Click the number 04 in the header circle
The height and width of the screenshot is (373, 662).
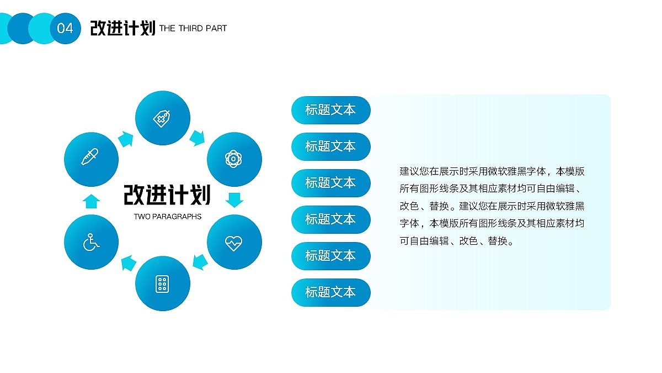(x=65, y=28)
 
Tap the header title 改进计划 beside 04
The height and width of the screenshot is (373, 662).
(x=122, y=28)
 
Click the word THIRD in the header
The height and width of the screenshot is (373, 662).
(x=190, y=28)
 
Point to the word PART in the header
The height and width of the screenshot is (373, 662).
(x=216, y=28)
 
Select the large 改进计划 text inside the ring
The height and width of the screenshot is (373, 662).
(x=167, y=195)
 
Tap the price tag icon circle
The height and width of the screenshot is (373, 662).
(x=163, y=118)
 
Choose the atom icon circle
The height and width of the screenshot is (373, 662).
(x=234, y=159)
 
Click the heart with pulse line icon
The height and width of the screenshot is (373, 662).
(x=234, y=242)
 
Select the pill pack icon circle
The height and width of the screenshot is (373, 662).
(x=163, y=283)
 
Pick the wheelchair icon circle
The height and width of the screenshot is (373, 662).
(x=92, y=242)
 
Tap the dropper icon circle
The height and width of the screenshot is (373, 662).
(x=92, y=159)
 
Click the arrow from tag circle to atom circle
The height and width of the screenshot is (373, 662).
(x=197, y=138)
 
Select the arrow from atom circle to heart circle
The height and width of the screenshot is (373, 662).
(x=234, y=199)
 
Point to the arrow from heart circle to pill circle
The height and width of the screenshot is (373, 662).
(x=200, y=261)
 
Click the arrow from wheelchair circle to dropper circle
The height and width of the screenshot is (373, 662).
(x=92, y=201)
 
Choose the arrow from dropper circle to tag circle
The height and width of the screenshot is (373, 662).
(x=126, y=139)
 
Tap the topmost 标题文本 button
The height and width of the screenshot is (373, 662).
(x=330, y=109)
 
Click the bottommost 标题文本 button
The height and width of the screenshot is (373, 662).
(x=330, y=292)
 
